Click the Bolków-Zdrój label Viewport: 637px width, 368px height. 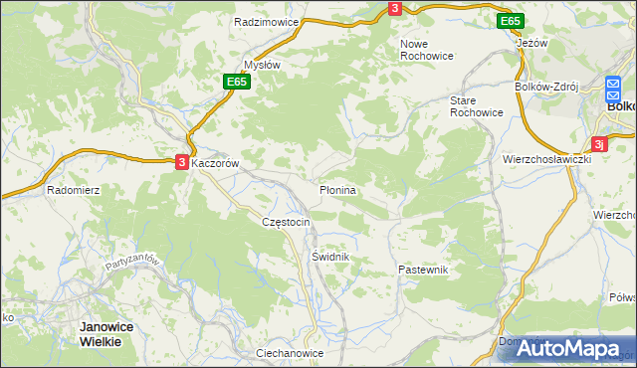(x=545, y=87)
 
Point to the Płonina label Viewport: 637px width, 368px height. (x=337, y=188)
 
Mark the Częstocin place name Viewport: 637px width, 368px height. (x=286, y=222)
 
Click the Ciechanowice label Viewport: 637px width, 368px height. (x=290, y=353)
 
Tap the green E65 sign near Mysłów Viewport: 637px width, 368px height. (x=236, y=82)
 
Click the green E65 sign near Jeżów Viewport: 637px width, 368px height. (x=511, y=21)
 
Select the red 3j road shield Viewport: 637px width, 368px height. (x=599, y=142)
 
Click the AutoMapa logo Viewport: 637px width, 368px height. (x=566, y=347)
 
